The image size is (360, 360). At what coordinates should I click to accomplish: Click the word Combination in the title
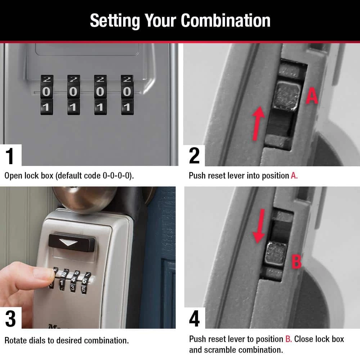(x=225, y=21)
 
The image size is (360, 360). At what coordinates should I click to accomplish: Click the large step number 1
(x=10, y=156)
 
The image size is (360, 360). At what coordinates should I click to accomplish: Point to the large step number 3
(x=10, y=319)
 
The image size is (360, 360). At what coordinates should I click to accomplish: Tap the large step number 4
(x=194, y=319)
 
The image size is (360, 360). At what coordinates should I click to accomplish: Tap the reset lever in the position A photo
(x=286, y=96)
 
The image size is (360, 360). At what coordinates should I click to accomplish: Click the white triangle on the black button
(x=68, y=242)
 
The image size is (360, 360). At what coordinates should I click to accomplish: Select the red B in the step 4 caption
(x=288, y=339)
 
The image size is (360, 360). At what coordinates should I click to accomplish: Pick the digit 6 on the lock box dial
(x=85, y=281)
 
